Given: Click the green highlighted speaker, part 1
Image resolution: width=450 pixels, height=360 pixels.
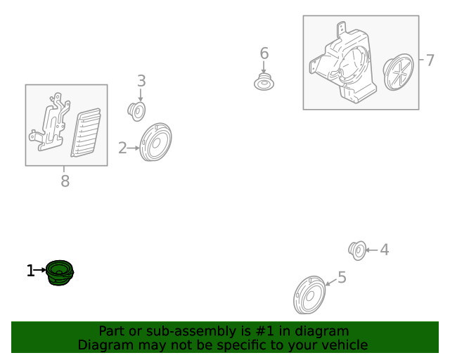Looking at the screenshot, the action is click(60, 273).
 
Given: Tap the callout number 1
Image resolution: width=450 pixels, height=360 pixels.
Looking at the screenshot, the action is click(30, 271).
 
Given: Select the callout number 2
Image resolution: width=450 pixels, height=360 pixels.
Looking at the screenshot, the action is click(122, 148).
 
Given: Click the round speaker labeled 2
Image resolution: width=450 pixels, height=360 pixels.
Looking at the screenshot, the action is click(155, 142).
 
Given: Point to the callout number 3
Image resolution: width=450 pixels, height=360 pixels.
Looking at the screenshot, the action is click(141, 81).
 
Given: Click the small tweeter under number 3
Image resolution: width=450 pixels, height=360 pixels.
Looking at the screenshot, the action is click(136, 111).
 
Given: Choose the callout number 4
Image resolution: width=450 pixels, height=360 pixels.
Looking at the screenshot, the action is click(385, 250).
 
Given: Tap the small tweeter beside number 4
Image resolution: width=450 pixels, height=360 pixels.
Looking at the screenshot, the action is click(357, 250).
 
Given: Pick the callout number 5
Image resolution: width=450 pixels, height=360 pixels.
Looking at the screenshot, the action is click(342, 277).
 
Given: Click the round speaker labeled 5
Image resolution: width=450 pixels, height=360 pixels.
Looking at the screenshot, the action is click(309, 295).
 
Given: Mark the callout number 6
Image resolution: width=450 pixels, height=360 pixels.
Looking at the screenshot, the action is click(264, 53).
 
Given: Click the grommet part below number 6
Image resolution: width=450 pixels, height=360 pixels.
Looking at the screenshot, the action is click(264, 82).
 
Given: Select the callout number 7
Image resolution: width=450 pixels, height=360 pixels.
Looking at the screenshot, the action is click(430, 60).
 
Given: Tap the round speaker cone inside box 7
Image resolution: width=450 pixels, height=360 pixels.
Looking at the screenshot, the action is click(399, 72).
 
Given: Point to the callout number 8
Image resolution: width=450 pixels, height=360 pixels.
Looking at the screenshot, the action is click(65, 181).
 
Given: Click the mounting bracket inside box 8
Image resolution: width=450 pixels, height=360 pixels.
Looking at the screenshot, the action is click(50, 122).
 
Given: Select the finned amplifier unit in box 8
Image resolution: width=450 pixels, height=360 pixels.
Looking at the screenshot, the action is click(86, 133).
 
